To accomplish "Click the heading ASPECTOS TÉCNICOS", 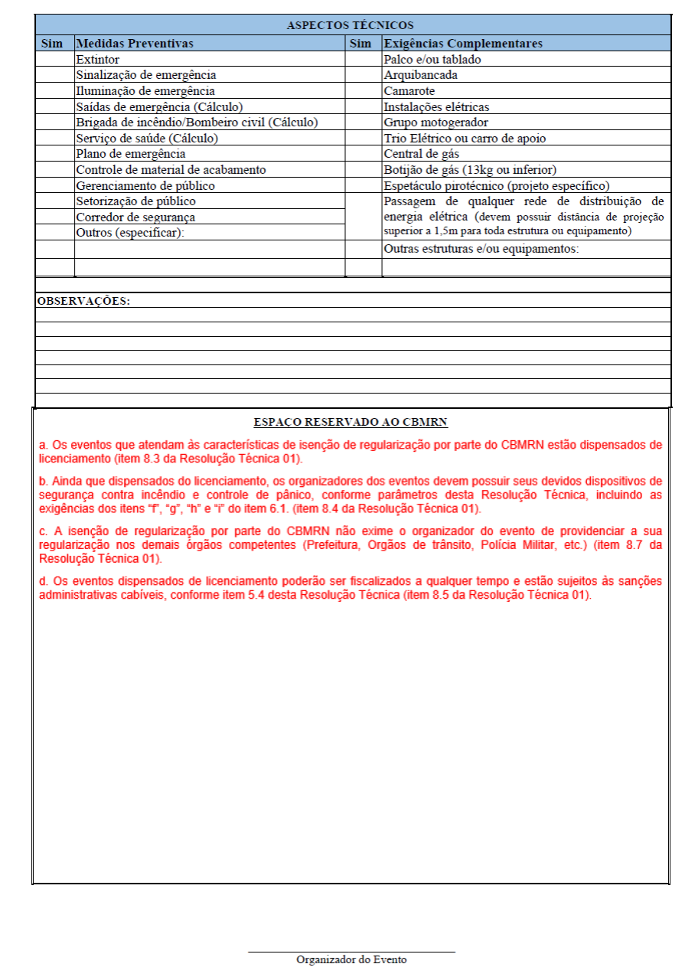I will coord(351,26).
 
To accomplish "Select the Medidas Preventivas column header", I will coord(135,44).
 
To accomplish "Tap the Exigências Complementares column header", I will coord(463,44).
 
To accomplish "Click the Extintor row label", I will coord(97,59).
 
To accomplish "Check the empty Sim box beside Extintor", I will coord(55,59).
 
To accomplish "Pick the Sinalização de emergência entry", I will coord(145,75).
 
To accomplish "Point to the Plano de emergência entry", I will coord(130,154).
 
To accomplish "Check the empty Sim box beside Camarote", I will coord(364,91).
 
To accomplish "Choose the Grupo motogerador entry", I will coord(435,123).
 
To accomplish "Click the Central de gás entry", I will coord(421,154).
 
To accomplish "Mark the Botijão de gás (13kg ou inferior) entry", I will coord(470,170).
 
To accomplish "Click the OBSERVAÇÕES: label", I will coord(83,301).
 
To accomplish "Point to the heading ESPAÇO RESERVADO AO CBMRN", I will coord(351,422).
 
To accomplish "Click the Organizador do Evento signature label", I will coord(351,959).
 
